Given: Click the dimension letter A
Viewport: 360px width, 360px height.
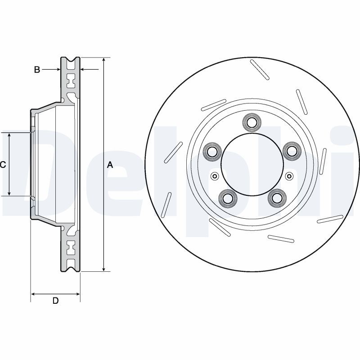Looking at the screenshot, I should coord(110,165).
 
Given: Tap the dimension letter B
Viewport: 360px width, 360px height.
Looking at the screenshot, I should coord(37,69).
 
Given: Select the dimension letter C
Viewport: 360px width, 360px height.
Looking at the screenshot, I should coord(3,165).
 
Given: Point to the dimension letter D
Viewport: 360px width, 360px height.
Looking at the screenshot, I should coord(55,301).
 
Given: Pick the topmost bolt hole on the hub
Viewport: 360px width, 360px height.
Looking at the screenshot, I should coord(251,121).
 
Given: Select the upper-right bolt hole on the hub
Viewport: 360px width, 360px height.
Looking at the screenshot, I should coord(291,151).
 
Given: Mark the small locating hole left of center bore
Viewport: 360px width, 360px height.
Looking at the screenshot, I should coord(214,175).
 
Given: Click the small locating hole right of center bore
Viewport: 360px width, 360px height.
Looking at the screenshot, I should coord(289,175).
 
